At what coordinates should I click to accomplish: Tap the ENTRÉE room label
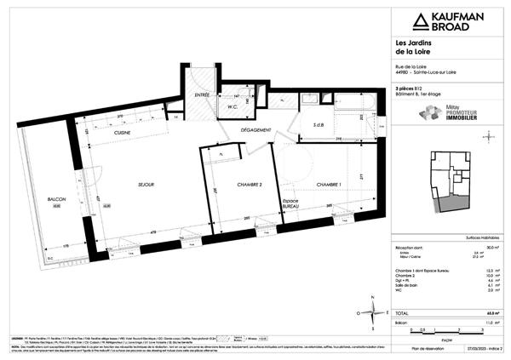(x=201, y=95)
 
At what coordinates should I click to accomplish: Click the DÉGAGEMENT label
(x=255, y=129)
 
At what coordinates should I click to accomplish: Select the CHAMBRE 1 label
(x=329, y=184)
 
